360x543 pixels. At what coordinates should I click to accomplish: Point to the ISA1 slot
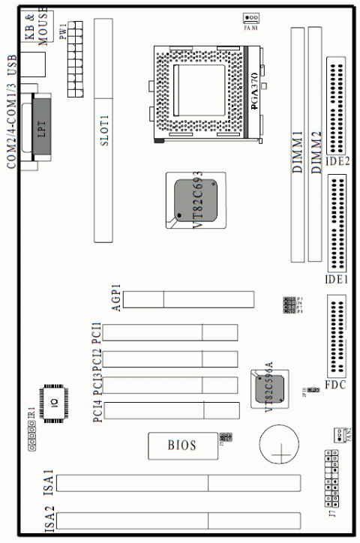click(x=180, y=482)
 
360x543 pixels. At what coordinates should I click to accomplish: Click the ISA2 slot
click(x=180, y=520)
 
